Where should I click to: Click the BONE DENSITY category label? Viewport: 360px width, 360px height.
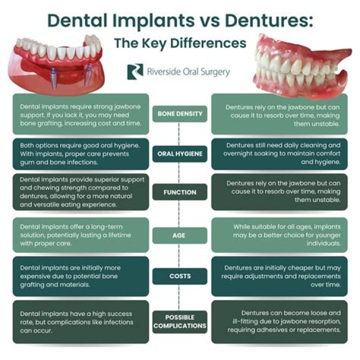(x=180, y=113)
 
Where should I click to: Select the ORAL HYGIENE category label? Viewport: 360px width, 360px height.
(x=180, y=153)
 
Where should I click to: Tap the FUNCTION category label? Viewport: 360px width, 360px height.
(x=180, y=192)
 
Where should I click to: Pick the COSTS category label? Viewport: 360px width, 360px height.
(x=180, y=276)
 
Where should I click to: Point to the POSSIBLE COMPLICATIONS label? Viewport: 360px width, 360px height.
(x=180, y=321)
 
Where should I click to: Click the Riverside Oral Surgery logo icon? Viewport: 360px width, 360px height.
(x=133, y=71)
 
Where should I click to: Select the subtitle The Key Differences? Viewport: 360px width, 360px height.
(x=180, y=43)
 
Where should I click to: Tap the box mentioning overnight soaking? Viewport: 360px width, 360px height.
(x=284, y=153)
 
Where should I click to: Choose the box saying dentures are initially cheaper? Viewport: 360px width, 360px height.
(x=284, y=276)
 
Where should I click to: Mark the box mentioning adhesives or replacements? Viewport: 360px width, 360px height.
(x=284, y=321)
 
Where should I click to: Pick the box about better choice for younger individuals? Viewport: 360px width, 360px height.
(x=284, y=234)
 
